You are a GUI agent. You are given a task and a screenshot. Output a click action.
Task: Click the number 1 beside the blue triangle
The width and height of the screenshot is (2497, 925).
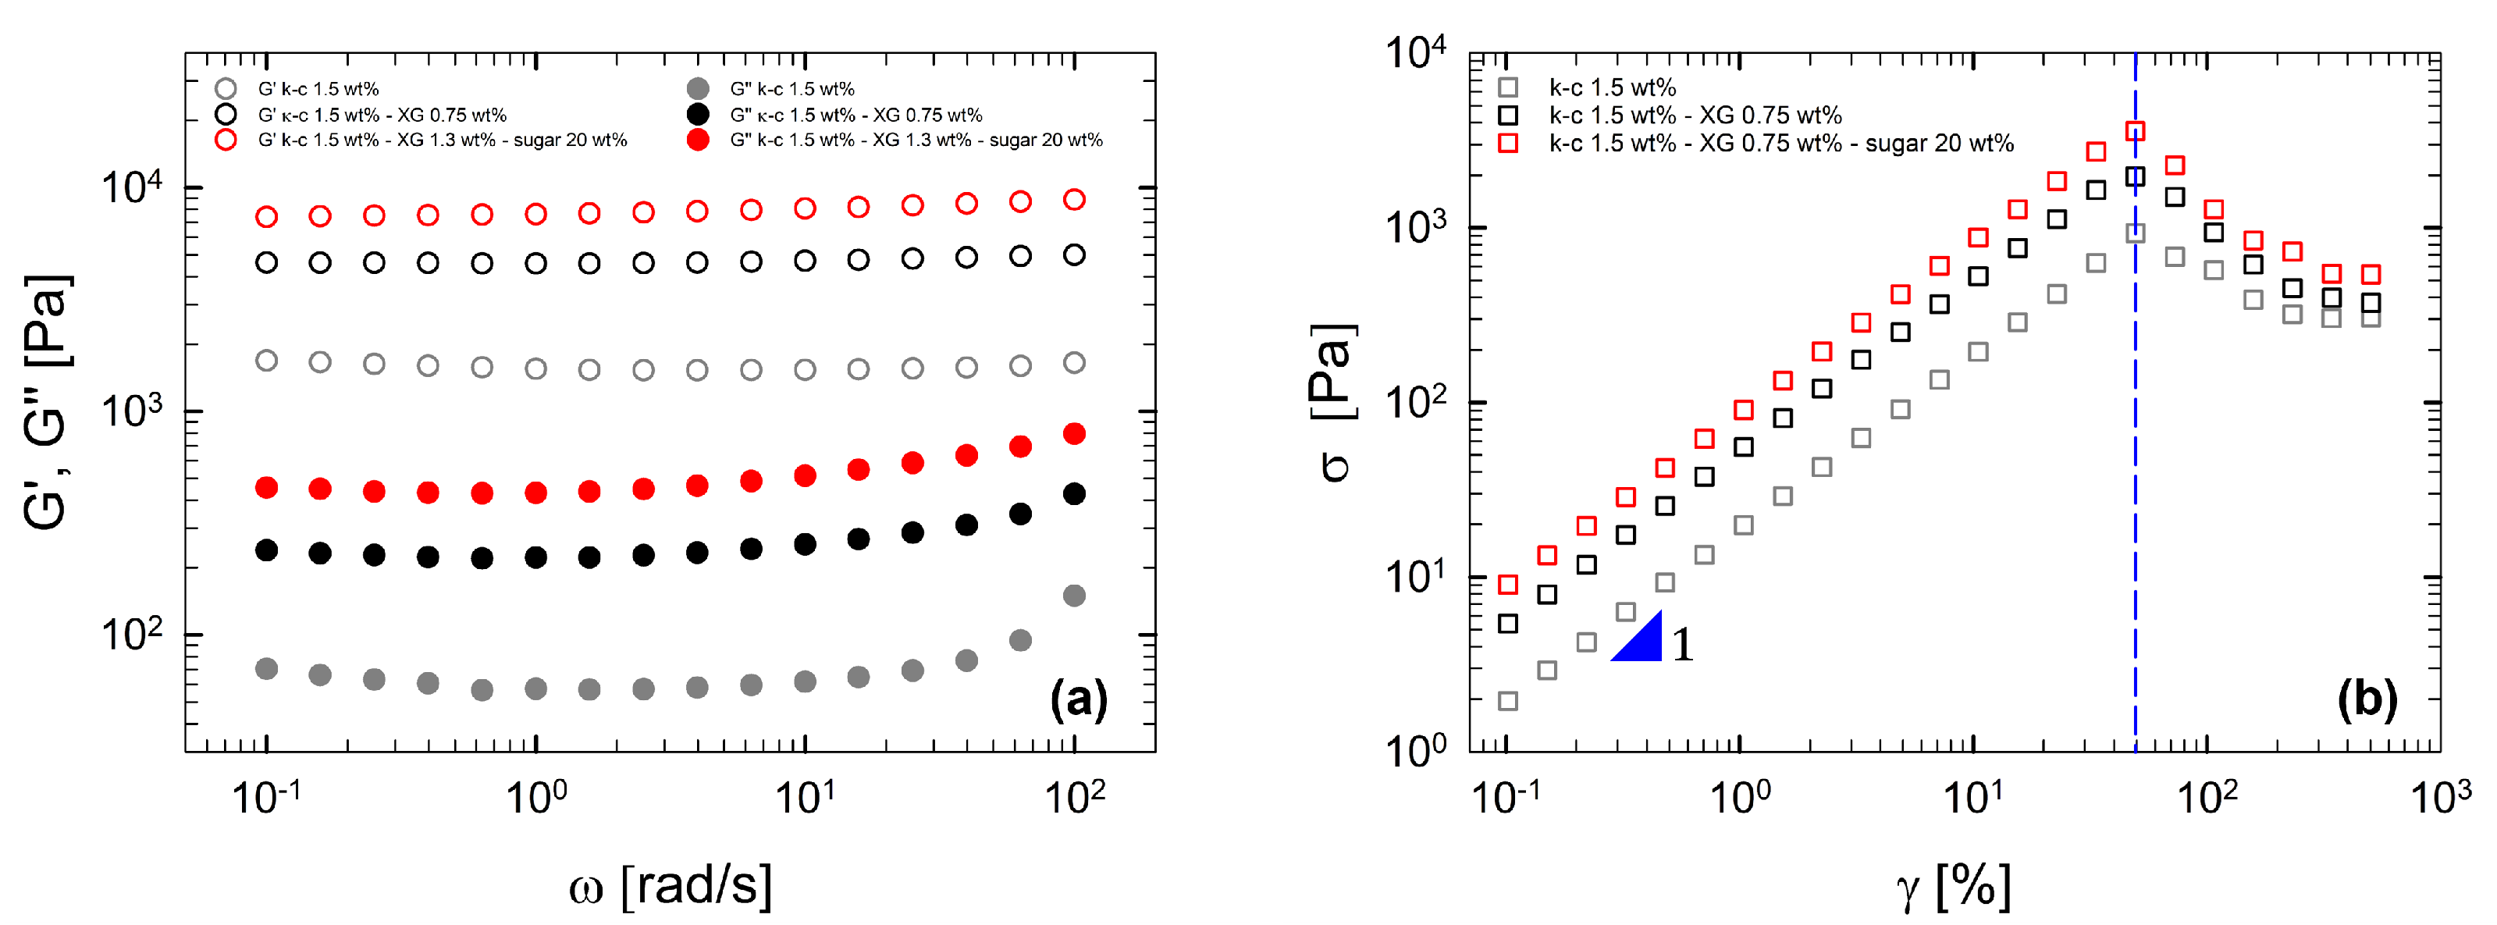coord(1683,645)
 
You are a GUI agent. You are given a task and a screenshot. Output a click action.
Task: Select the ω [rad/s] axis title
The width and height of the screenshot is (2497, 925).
coord(670,884)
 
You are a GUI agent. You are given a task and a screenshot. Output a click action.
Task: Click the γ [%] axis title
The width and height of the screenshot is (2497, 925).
coord(1953,885)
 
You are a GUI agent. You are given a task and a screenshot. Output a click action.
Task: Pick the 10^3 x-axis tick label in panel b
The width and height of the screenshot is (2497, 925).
coord(2440,798)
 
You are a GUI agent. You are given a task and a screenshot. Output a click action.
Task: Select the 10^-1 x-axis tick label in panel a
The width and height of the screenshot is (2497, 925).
coord(265,798)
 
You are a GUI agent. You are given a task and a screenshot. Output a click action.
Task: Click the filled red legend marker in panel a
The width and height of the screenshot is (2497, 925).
coord(698,140)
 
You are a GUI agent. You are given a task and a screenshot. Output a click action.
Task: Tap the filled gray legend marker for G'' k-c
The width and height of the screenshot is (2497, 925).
coord(698,89)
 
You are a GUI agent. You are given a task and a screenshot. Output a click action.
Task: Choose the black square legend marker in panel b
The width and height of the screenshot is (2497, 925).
coord(1507,116)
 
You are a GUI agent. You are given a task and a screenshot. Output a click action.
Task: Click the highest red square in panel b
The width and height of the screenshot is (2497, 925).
coord(2135,131)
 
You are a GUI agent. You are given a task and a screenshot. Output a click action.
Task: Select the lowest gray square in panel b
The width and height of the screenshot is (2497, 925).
coord(1507,701)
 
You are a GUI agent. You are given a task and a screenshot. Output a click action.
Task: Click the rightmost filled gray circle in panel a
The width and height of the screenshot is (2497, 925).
coord(1074,596)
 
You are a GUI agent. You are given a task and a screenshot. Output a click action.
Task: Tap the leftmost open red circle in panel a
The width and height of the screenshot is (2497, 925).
coord(267,216)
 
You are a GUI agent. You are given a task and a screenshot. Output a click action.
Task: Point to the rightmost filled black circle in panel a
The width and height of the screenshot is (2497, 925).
coord(1074,493)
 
